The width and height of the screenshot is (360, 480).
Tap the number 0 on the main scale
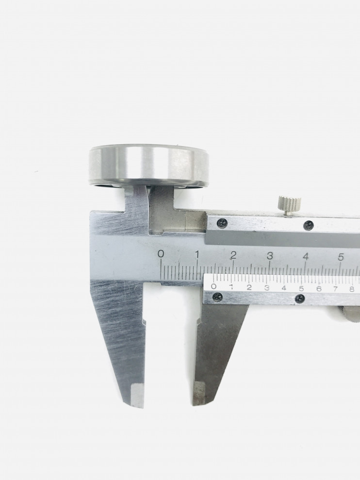point(161,254)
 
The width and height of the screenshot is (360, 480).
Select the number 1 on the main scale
point(197,254)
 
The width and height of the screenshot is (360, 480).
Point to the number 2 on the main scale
point(233,255)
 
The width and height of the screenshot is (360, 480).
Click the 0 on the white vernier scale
point(214,286)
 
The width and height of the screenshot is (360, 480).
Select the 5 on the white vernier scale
point(301,288)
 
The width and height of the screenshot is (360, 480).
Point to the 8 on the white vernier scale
point(352,289)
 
